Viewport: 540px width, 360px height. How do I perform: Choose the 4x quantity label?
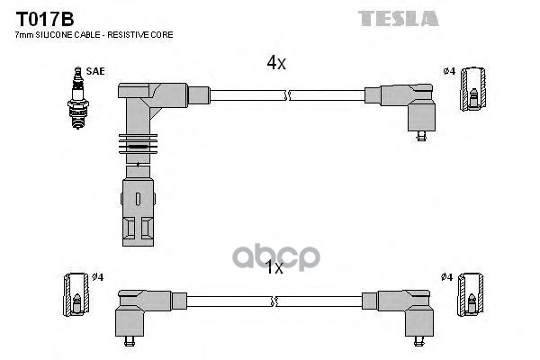[276, 63]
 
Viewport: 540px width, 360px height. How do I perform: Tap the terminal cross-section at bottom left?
[76, 295]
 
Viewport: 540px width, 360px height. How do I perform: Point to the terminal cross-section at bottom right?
[469, 295]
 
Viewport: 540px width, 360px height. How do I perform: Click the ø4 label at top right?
[448, 71]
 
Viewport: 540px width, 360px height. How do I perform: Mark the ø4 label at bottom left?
[97, 276]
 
